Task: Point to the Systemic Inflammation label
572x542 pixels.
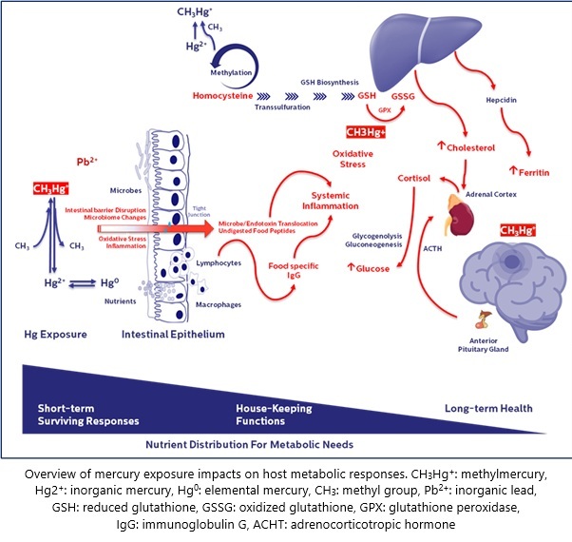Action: pos(331,200)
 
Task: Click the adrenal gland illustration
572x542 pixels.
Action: pos(463,215)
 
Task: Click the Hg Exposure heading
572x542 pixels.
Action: pos(57,335)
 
